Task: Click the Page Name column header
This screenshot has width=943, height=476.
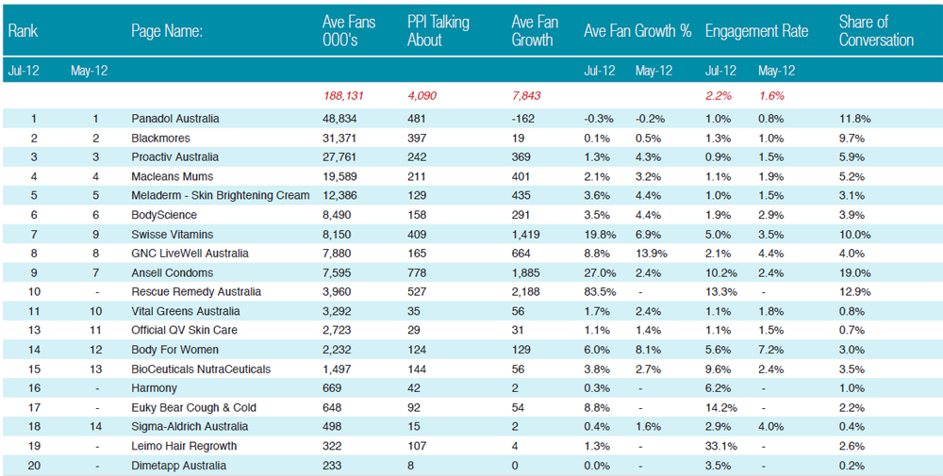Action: click(167, 31)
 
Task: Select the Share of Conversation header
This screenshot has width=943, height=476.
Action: click(876, 31)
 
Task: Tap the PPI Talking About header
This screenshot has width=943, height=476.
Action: click(438, 31)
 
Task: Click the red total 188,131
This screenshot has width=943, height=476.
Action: click(343, 96)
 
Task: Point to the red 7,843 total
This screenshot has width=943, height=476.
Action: click(525, 96)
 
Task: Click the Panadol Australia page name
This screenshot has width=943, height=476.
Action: click(175, 119)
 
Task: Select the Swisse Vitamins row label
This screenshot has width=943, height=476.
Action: click(172, 235)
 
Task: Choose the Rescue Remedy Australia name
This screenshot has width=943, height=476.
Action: click(196, 292)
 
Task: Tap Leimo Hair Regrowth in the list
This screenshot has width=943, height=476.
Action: click(184, 446)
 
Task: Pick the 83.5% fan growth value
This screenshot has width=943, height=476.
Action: click(600, 292)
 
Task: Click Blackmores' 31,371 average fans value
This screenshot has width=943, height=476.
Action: click(339, 139)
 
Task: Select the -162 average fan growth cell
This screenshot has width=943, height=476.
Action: click(523, 119)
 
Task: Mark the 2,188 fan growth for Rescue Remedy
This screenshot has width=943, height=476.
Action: click(525, 292)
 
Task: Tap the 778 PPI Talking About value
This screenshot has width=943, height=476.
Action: click(417, 272)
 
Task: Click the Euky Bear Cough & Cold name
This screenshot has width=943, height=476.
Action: click(193, 407)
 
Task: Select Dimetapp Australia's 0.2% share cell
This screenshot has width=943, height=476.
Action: click(852, 466)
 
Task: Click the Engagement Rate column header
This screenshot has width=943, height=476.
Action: click(756, 31)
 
